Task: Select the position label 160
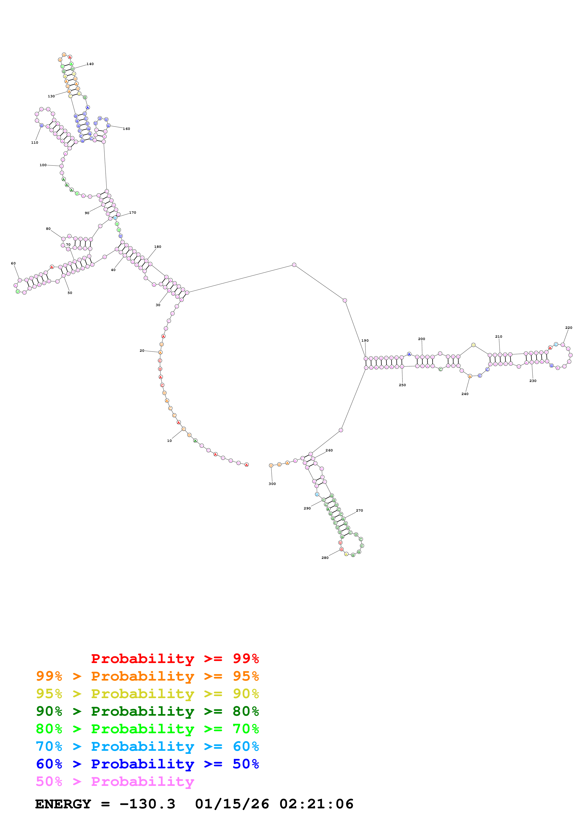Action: tap(126, 129)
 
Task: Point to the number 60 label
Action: tap(13, 264)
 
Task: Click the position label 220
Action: tap(569, 328)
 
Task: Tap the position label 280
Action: tap(325, 558)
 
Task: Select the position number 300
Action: tap(272, 484)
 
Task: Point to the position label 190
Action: tap(365, 341)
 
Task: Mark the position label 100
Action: tap(43, 165)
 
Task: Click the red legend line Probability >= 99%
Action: tap(175, 659)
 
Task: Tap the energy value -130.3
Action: tap(147, 804)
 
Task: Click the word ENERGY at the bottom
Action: tap(63, 804)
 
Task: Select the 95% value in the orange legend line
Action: tap(246, 676)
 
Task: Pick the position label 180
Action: tap(157, 247)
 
